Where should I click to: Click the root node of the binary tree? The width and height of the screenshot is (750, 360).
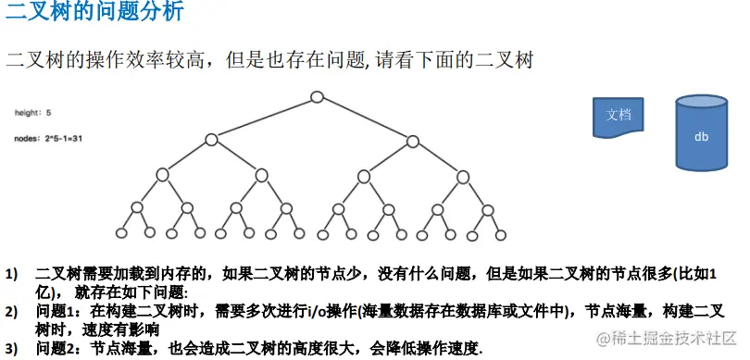coord(317,96)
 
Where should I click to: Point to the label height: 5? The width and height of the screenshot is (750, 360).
coord(32,113)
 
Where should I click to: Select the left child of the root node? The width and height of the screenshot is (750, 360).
coord(211,140)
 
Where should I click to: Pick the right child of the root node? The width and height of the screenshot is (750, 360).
coord(413,140)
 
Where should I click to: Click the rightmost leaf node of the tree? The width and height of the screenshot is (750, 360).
coord(501,233)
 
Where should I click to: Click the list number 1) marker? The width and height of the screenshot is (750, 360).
coord(12,275)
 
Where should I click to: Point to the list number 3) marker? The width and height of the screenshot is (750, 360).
coord(12,349)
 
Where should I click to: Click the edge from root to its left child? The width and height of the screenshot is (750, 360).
coord(264,118)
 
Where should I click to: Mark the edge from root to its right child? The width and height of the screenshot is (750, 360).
coord(365,118)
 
